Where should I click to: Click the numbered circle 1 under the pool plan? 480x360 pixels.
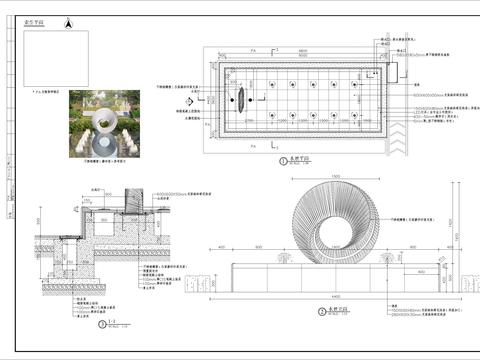click(x=284, y=160)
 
